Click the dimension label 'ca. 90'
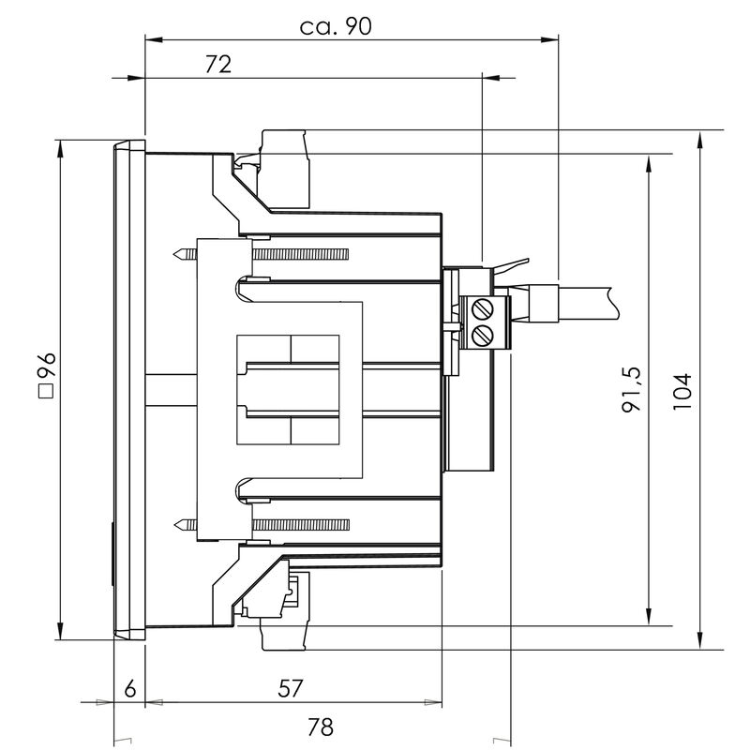pos(336,26)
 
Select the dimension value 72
pos(217,64)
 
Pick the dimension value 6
pos(130,688)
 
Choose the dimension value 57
pos(291,688)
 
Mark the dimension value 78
pos(321,727)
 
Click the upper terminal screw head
pos(484,308)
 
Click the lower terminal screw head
pos(484,335)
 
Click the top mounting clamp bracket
pos(281,169)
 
